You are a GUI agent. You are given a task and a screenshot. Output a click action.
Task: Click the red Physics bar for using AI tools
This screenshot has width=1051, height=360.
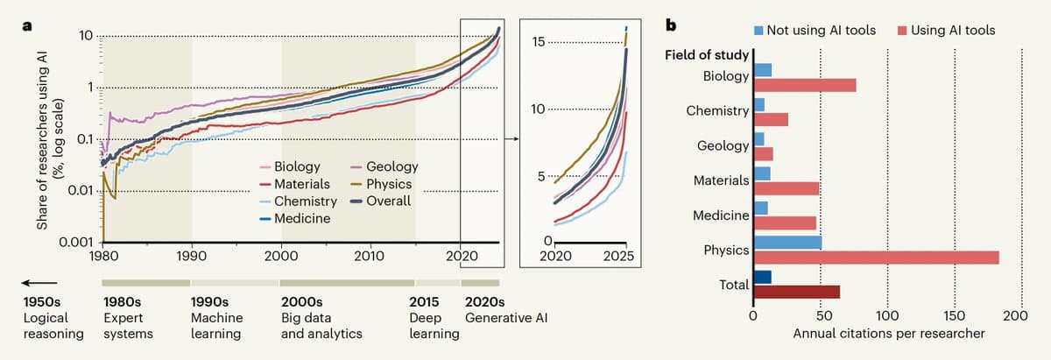tap(876, 257)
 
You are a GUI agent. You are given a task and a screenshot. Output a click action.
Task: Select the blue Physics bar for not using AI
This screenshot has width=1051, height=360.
tap(787, 243)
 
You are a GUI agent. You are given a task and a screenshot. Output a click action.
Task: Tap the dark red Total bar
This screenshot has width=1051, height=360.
tap(796, 292)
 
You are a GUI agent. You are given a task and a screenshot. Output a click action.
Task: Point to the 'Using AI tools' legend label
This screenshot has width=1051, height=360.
tap(953, 31)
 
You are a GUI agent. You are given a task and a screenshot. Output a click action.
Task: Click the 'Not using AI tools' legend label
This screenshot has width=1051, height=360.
tap(821, 31)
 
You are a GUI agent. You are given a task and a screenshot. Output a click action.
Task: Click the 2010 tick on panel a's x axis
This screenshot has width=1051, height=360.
tap(370, 257)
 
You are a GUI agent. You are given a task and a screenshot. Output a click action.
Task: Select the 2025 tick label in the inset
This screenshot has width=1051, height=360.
tap(617, 258)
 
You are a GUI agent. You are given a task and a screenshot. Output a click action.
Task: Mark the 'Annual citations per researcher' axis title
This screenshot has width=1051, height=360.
tap(888, 333)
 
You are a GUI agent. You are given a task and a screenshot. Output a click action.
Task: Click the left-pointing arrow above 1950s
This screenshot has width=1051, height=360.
tap(39, 283)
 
